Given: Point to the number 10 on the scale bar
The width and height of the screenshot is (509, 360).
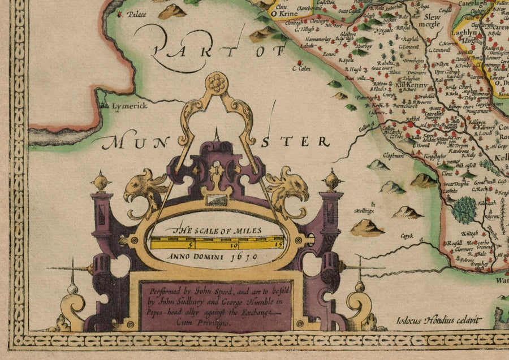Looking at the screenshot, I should [232, 245].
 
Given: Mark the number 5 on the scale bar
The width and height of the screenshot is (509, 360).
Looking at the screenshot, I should [191, 245].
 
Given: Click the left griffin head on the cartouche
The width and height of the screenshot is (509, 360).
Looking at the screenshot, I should [144, 186].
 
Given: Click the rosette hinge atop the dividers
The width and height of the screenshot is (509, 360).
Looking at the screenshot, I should [215, 83].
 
